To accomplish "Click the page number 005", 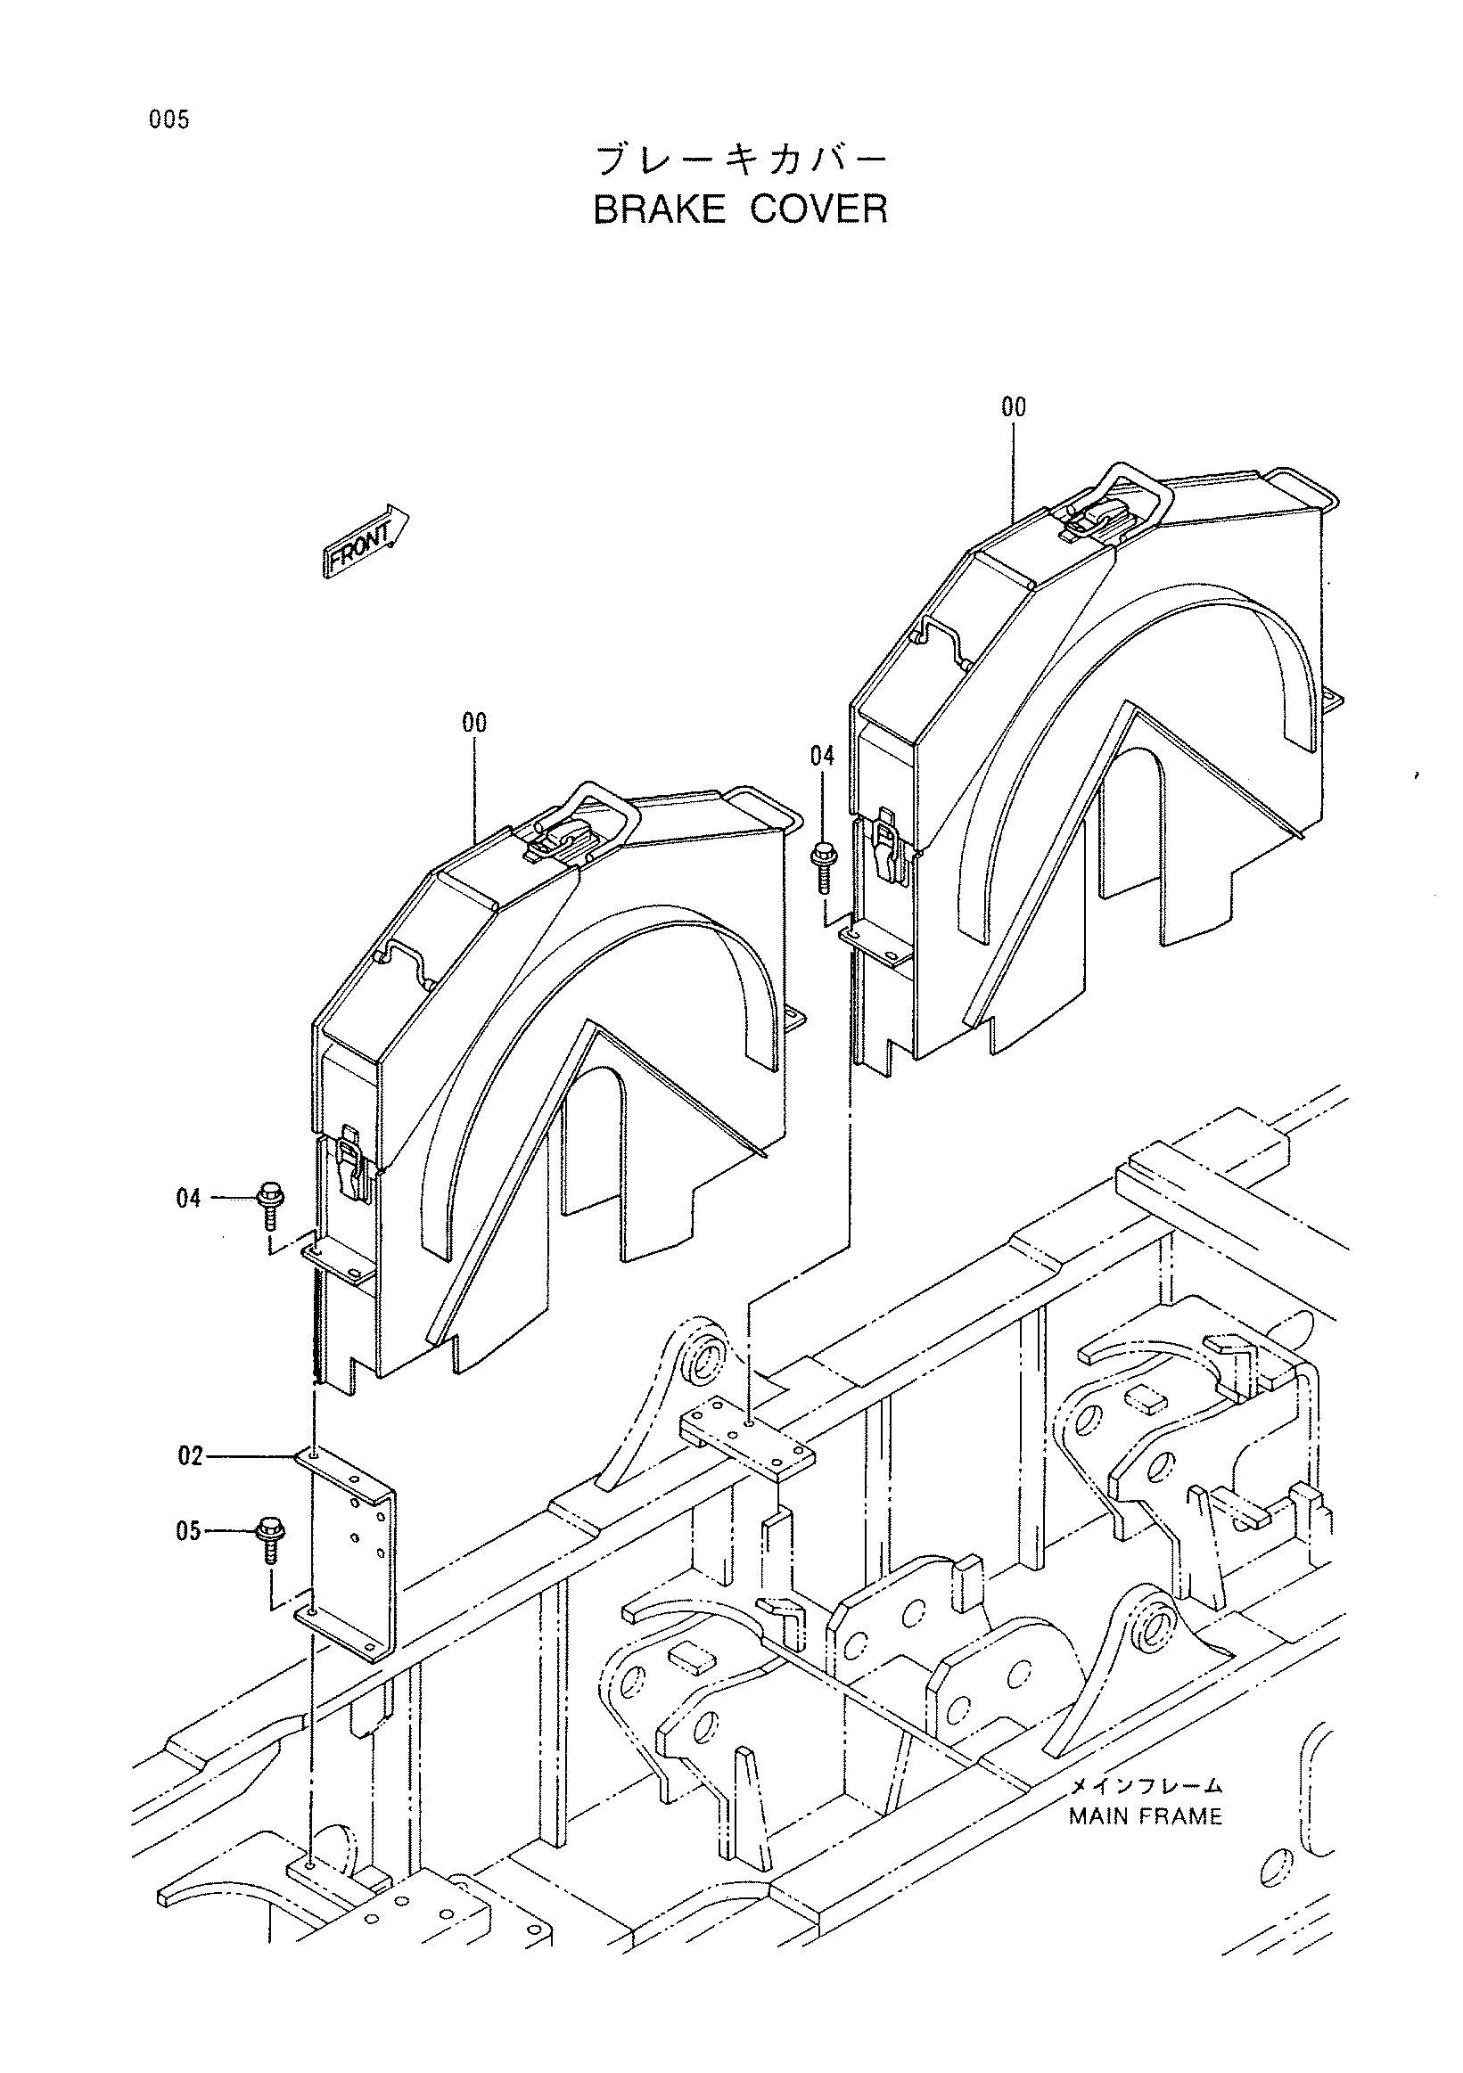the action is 169,119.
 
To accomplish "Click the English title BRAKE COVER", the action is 741,209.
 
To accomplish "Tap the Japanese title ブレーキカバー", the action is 741,160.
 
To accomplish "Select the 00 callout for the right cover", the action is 1014,408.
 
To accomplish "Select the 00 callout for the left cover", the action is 474,723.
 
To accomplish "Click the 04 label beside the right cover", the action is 822,757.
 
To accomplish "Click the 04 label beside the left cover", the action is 188,1199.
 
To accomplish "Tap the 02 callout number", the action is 190,1456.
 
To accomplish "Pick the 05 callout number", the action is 188,1532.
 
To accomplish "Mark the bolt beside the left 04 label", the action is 269,1205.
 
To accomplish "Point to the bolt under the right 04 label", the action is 823,867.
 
